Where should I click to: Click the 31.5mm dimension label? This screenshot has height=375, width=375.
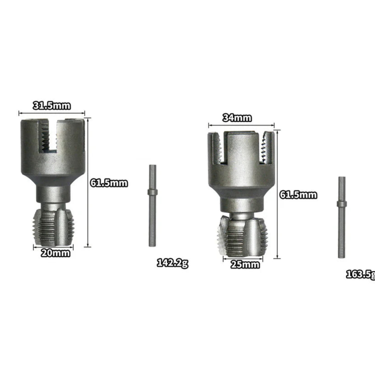pyautogui.click(x=52, y=106)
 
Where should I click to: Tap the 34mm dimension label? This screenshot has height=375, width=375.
pyautogui.click(x=237, y=118)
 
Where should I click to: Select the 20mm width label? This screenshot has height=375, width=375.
pyautogui.click(x=55, y=253)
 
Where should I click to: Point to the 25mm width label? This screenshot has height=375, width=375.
pyautogui.click(x=245, y=265)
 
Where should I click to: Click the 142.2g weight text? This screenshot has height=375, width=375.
pyautogui.click(x=172, y=263)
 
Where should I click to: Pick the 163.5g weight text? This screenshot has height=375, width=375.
pyautogui.click(x=361, y=275)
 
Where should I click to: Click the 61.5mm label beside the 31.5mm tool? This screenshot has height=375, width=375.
pyautogui.click(x=109, y=183)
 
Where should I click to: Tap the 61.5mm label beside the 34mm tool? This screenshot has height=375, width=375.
pyautogui.click(x=298, y=195)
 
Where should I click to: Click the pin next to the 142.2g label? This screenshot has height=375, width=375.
pyautogui.click(x=152, y=206)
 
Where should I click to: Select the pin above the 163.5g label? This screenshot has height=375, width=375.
pyautogui.click(x=342, y=217)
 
